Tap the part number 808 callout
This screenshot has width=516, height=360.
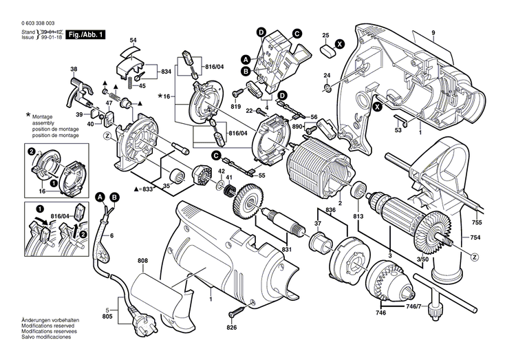[142, 261]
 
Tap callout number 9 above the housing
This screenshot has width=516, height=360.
[433, 34]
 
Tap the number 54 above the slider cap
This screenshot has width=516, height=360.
[133, 41]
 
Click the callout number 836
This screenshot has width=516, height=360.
[330, 209]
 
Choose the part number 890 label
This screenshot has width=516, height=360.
[297, 128]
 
